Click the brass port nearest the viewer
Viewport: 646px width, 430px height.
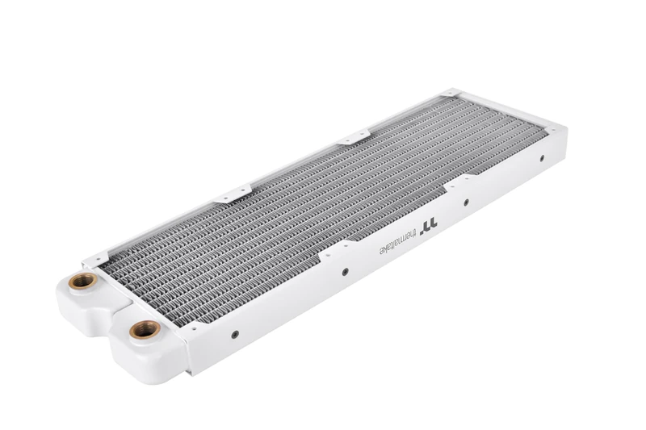point(145,329)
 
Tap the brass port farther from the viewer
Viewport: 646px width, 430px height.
point(82,281)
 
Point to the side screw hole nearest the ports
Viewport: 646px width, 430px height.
point(235,334)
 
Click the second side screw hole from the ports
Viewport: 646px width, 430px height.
point(345,272)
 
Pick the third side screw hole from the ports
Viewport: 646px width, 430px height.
point(465,202)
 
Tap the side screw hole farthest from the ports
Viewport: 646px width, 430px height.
point(542,158)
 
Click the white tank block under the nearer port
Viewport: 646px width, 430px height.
point(153,355)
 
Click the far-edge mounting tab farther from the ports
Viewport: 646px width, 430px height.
point(353,138)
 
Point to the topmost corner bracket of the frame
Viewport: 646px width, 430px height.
point(451,94)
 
